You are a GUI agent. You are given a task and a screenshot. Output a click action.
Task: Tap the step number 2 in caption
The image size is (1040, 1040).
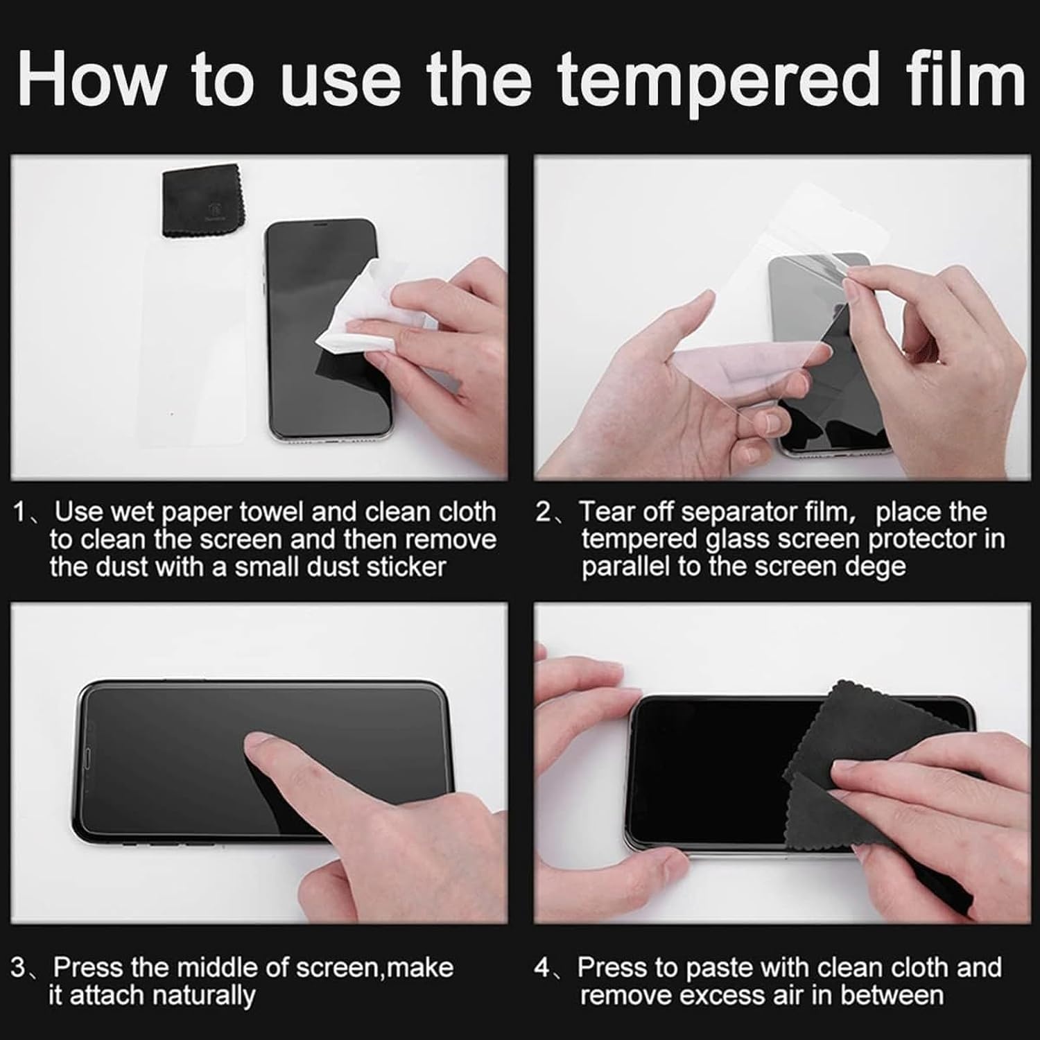click(x=544, y=512)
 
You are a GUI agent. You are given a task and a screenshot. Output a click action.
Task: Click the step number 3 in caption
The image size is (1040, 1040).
click(x=19, y=967)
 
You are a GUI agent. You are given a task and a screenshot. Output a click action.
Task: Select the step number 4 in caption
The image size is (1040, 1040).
click(x=542, y=967)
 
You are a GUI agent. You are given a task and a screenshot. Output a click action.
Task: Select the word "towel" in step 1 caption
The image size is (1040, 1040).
click(x=272, y=512)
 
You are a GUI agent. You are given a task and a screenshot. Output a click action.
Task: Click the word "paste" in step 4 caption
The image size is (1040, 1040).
click(x=716, y=968)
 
